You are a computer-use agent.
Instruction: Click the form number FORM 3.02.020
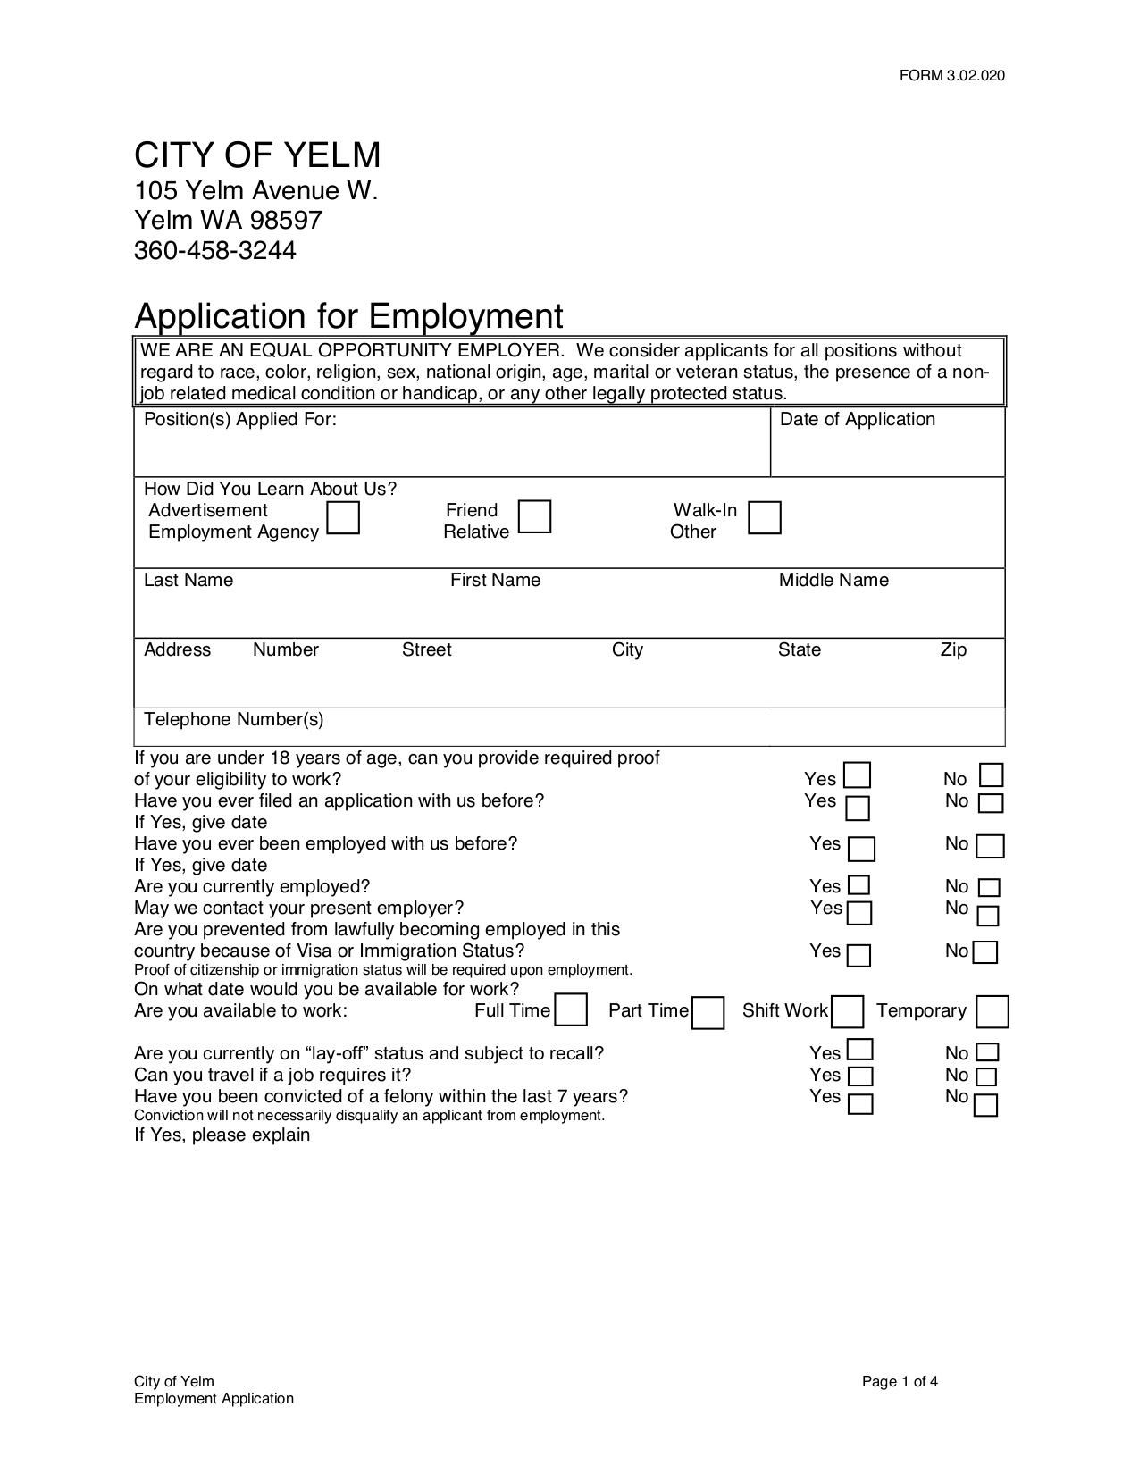tap(951, 75)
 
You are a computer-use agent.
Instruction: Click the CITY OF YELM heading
tap(257, 155)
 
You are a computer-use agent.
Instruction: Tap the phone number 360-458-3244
tap(214, 251)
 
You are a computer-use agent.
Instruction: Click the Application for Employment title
tap(348, 316)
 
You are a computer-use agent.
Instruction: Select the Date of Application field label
tap(857, 420)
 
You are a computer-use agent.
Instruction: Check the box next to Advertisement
tap(343, 517)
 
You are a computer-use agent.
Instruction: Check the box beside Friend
tap(534, 516)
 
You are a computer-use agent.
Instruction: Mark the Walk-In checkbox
tap(764, 517)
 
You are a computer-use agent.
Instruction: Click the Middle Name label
tap(833, 581)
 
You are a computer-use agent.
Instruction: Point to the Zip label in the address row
tap(952, 650)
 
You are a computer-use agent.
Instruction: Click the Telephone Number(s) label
tap(234, 720)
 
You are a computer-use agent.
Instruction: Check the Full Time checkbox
tap(571, 1010)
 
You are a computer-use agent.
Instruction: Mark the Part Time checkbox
tap(708, 1013)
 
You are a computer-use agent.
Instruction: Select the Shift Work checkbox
tap(847, 1012)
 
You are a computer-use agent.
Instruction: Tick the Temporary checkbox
tap(992, 1012)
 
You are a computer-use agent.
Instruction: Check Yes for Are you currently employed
tap(858, 885)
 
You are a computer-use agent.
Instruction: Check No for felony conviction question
tap(985, 1105)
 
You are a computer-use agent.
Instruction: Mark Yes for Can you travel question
tap(859, 1076)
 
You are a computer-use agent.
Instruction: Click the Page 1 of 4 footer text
tap(900, 1382)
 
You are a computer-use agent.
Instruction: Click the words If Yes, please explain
tap(222, 1135)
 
